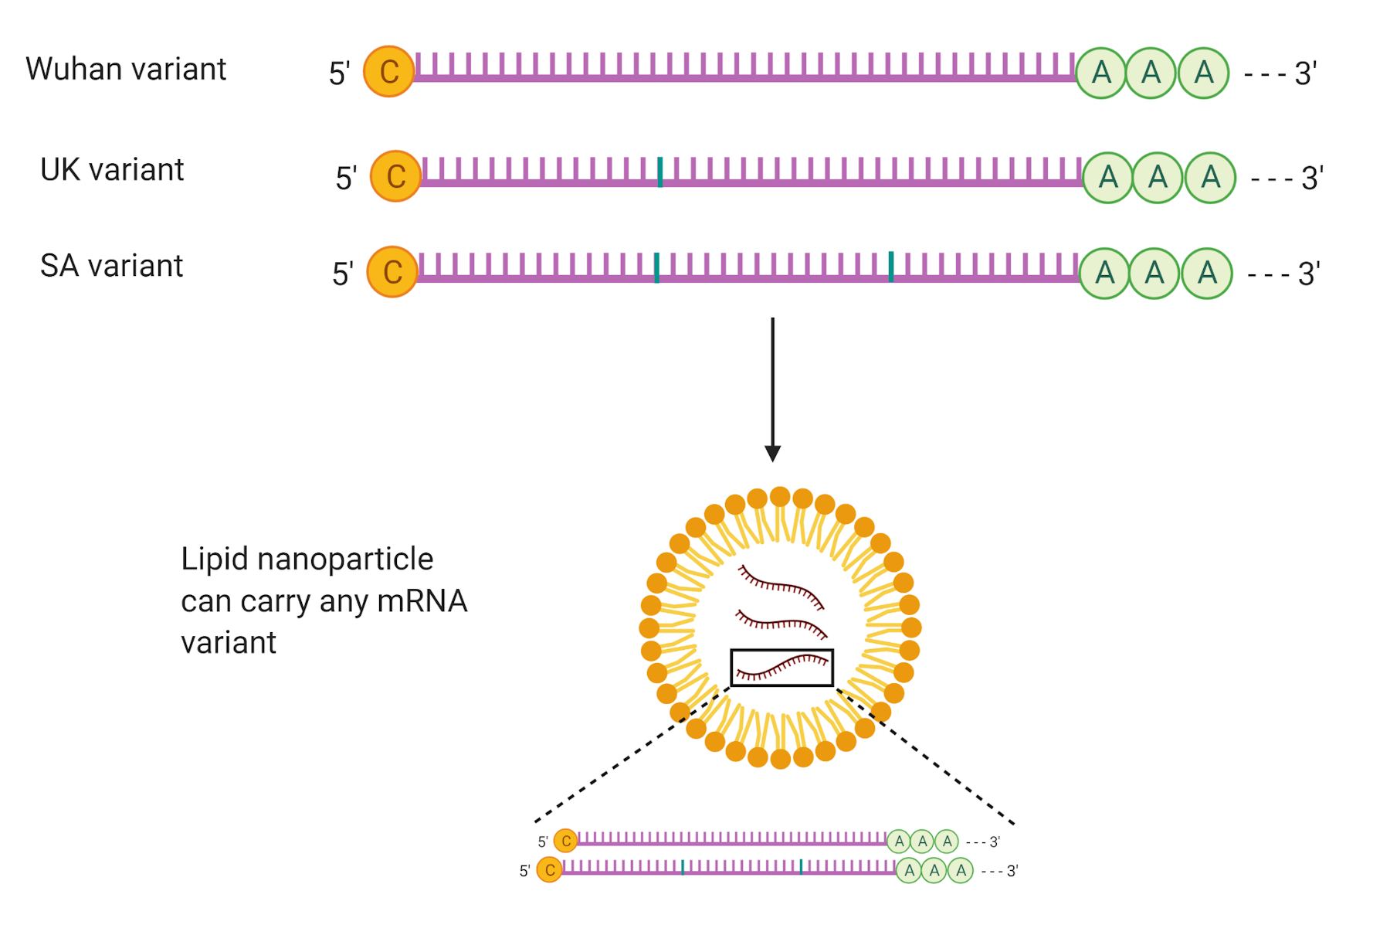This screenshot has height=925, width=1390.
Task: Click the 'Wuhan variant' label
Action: [x=125, y=70]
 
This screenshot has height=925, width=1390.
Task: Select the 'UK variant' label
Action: [x=112, y=170]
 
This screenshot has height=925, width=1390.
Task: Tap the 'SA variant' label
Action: [x=111, y=266]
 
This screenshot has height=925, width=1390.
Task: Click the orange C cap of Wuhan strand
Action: [x=388, y=72]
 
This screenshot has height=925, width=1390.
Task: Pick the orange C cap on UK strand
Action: [x=395, y=176]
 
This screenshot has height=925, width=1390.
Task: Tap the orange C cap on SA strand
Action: [x=392, y=272]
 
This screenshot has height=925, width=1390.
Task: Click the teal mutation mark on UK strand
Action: [x=659, y=172]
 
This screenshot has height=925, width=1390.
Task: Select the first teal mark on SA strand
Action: [x=656, y=267]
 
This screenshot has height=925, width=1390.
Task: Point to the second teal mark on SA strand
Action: [x=891, y=267]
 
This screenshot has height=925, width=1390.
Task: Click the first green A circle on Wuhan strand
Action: [x=1100, y=73]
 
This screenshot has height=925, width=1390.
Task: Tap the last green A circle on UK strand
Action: [x=1210, y=178]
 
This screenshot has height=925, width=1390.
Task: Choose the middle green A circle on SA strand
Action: [x=1154, y=274]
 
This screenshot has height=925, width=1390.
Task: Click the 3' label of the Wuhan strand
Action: [x=1305, y=74]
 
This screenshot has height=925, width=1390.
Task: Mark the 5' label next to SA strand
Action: [x=342, y=274]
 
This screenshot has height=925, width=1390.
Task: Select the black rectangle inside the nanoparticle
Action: [x=781, y=668]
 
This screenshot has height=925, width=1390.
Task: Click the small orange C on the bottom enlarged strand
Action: [x=549, y=870]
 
